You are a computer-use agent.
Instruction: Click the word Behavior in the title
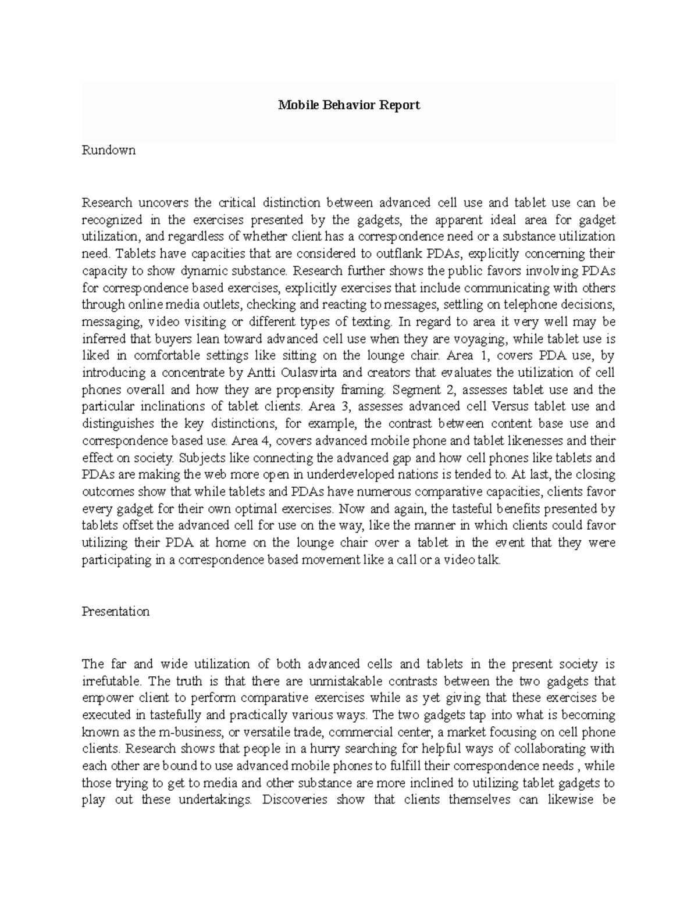[346, 105]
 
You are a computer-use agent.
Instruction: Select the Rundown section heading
[109, 150]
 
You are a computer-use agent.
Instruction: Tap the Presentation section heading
[116, 612]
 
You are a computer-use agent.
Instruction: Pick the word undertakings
[215, 800]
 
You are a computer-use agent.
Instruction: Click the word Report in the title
[400, 105]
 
